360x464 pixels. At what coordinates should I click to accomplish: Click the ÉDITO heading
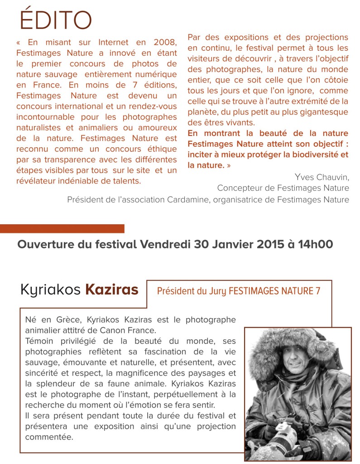click(56, 20)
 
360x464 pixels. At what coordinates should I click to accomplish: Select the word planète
click(202, 111)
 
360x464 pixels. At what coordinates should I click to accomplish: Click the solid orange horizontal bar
click(62, 228)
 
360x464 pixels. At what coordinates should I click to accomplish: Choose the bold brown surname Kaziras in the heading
click(111, 289)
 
